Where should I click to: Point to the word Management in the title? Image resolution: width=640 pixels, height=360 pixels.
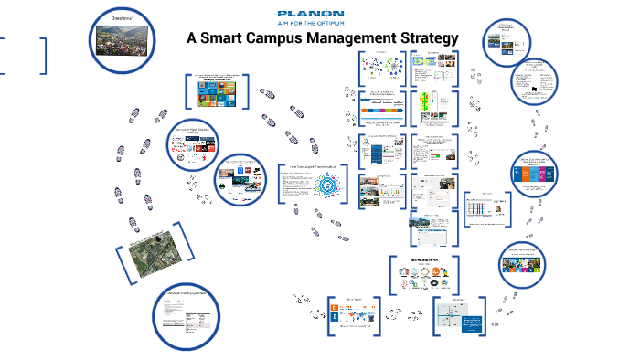click(361, 39)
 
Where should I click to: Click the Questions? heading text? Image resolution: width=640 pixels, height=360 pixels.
click(122, 17)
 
